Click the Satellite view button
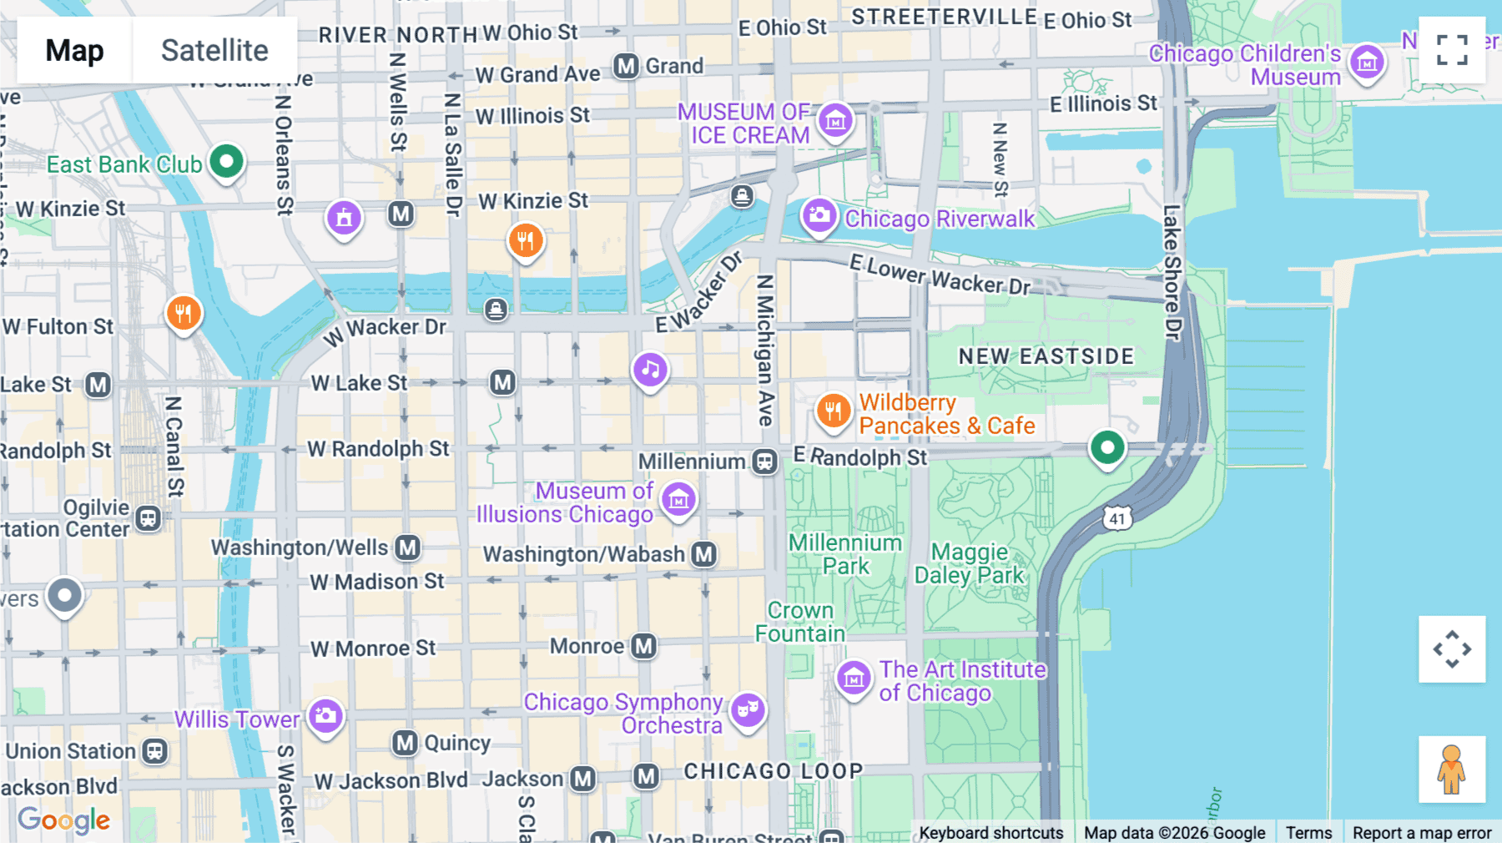(214, 50)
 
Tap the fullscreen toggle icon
(1452, 50)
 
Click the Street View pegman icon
(1452, 770)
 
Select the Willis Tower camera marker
(325, 715)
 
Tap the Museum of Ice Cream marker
(835, 121)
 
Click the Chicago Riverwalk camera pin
(819, 215)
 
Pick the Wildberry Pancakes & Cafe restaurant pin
(833, 410)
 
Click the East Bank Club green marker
(226, 160)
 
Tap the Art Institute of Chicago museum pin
(854, 678)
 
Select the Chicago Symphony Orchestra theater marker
(748, 709)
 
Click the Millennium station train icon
(764, 461)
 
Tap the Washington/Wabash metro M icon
(704, 554)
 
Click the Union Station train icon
(154, 751)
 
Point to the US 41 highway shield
(1117, 518)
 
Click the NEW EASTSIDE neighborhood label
(1046, 356)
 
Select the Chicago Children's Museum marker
(1367, 61)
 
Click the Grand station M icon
(626, 65)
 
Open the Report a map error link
(1421, 832)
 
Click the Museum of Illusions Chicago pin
(678, 499)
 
